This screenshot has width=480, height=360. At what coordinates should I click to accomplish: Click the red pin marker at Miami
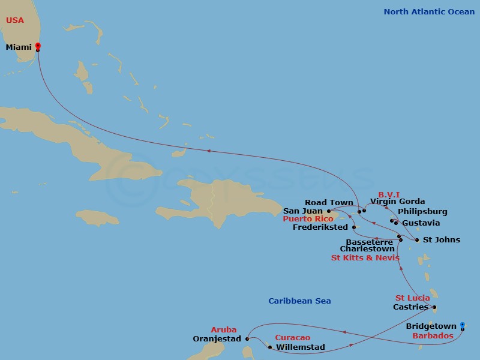pos(38,46)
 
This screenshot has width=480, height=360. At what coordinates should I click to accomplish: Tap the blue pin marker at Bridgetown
pos(462,326)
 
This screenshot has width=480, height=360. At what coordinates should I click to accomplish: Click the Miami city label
pos(19,47)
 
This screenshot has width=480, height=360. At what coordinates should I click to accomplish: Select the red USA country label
pos(15,20)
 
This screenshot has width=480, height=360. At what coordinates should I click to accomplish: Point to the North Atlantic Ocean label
pos(429,11)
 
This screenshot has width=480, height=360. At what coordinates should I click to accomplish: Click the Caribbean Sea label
pos(299,301)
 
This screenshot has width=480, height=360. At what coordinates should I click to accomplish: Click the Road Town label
pos(329,203)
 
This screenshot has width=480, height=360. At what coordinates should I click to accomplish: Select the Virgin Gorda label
pos(397,202)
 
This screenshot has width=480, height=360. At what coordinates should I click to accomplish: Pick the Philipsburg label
pos(423,212)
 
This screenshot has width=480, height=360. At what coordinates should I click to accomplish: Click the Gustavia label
pos(421,223)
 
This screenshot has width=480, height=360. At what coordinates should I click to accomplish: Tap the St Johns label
pos(442,240)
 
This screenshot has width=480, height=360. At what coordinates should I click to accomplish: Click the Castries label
pos(410,307)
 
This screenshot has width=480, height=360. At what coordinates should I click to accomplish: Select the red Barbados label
pos(433,336)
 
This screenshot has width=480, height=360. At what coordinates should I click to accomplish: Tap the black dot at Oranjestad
pos(247,339)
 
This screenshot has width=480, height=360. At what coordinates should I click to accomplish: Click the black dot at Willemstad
pos(270,347)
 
